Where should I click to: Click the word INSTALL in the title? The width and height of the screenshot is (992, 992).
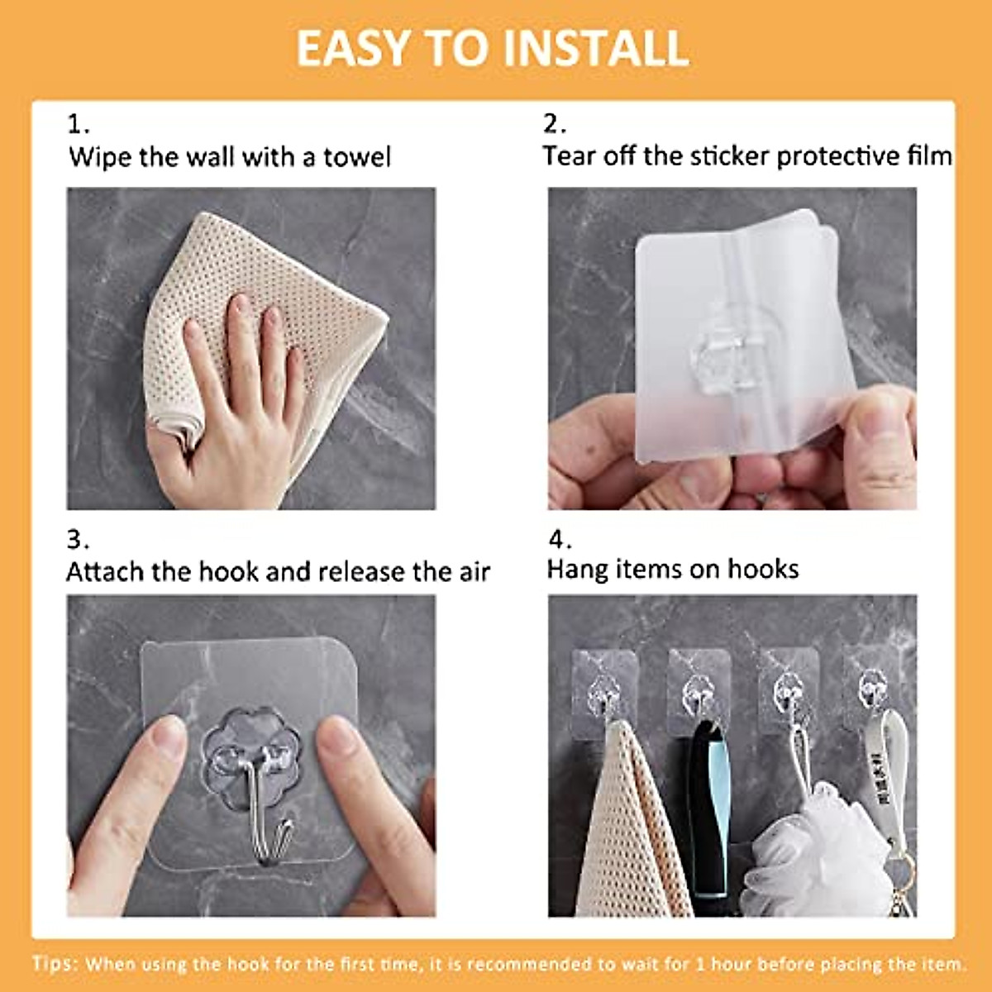[596, 48]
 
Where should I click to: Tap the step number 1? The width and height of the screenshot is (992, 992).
[78, 124]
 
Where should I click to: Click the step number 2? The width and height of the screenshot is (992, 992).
[554, 124]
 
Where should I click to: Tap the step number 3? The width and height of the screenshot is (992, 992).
[77, 540]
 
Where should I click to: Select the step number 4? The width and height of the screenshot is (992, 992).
[560, 540]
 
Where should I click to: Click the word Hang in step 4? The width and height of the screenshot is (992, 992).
[577, 570]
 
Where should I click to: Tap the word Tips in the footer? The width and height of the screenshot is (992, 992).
[55, 964]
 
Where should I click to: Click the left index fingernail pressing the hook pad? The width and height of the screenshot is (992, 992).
[169, 736]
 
